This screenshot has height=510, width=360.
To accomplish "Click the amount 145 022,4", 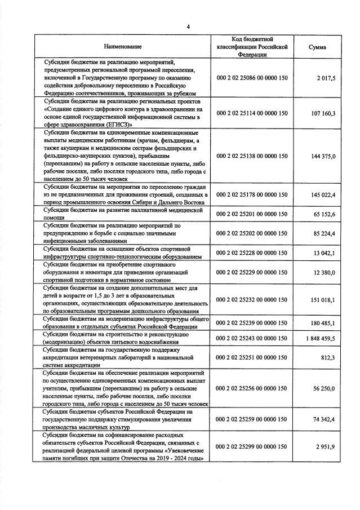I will click(x=323, y=195).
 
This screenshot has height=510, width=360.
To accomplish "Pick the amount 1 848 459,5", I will click(x=319, y=339).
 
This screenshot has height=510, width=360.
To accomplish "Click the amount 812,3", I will click(x=328, y=358).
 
